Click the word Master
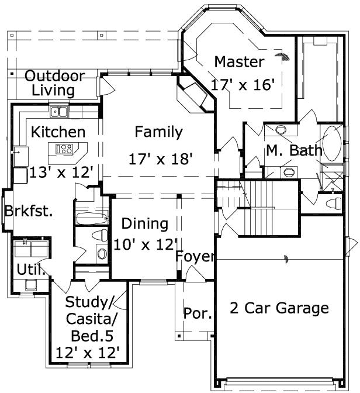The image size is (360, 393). coord(239,61)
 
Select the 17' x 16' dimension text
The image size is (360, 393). coord(243,84)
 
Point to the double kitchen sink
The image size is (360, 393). coord(59,111)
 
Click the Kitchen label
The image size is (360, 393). coord(58,132)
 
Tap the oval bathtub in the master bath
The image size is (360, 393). coord(333,144)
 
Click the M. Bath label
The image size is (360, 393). coord(294,150)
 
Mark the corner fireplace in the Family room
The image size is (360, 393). coord(191,95)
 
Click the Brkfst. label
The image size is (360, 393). coord(29,211)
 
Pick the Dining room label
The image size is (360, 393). coord(144,223)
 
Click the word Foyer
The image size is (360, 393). coord(196,257)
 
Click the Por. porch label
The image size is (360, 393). coord(197,313)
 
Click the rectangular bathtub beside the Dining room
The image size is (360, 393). coord(92,219)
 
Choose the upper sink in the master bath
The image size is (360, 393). coord(282,129)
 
